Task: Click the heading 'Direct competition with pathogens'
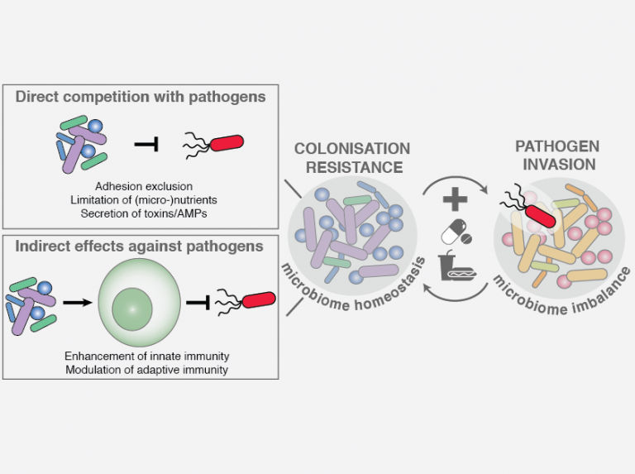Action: click(141, 97)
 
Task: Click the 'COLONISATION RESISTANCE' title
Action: click(352, 157)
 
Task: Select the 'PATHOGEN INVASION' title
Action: click(555, 156)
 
